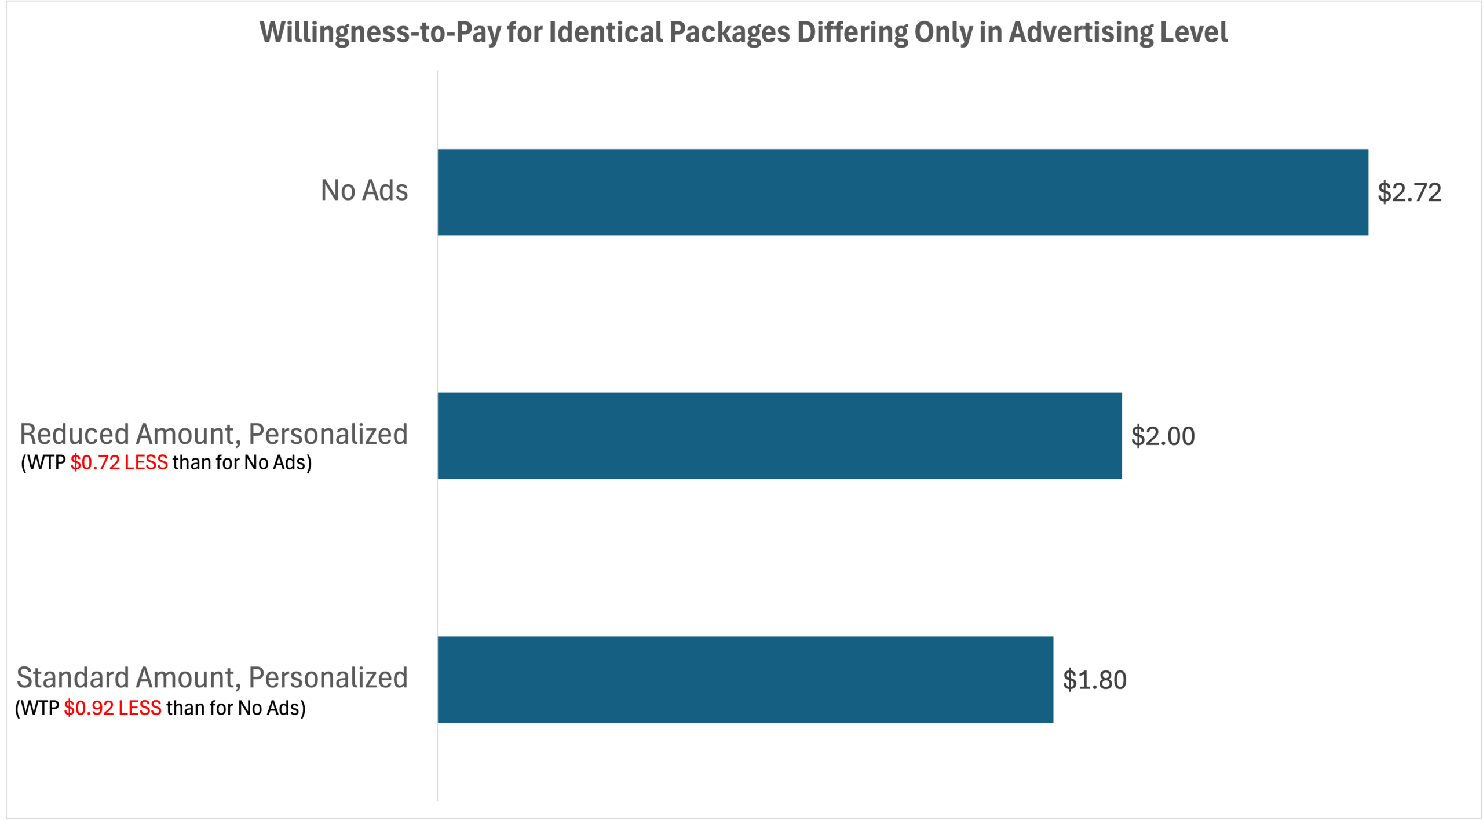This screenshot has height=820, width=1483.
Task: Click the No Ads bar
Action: click(x=903, y=192)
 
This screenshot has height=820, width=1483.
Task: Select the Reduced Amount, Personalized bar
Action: click(x=779, y=436)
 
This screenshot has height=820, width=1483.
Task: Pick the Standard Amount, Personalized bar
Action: click(x=745, y=680)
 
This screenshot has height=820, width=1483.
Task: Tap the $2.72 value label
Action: click(x=1409, y=192)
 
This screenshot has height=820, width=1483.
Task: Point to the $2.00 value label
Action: click(x=1163, y=436)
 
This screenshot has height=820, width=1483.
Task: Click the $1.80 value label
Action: click(x=1094, y=680)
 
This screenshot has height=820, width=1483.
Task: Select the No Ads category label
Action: click(x=364, y=191)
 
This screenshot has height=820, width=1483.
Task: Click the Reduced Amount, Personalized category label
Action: click(x=214, y=434)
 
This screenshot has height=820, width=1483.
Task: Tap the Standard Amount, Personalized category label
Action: click(x=212, y=678)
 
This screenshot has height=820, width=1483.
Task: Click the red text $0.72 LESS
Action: click(x=119, y=463)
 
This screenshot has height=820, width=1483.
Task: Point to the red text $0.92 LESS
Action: click(x=112, y=708)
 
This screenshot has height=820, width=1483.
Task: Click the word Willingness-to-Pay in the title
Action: click(x=380, y=33)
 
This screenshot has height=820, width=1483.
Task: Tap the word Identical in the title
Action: click(x=606, y=32)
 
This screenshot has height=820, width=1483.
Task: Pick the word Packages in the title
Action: click(x=729, y=33)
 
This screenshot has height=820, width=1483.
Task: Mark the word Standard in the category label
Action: click(x=72, y=678)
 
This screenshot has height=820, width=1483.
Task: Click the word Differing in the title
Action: click(x=852, y=33)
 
